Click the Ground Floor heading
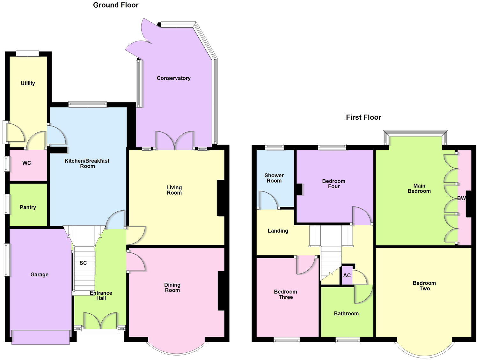[116, 5]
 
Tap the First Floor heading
[363, 117]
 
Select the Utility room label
[28, 83]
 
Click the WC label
[27, 163]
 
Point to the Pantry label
[28, 207]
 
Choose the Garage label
[40, 274]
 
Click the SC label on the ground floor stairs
[83, 263]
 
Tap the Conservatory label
[173, 78]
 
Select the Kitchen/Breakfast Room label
[87, 163]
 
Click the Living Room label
[174, 190]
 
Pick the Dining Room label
[172, 287]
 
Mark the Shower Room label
[274, 178]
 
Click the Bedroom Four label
[334, 184]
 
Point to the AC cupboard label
[347, 275]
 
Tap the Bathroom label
[346, 313]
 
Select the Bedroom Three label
[285, 294]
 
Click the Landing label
[278, 231]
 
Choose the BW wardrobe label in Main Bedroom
[461, 198]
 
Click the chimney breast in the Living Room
[221, 198]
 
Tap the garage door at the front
[40, 337]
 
